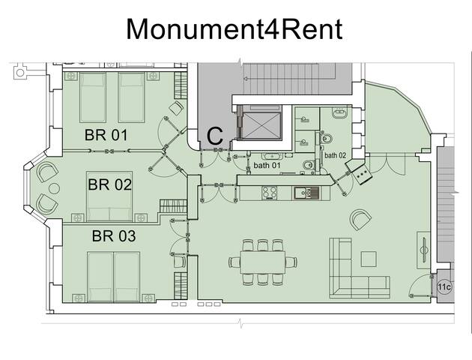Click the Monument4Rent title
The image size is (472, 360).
point(235,29)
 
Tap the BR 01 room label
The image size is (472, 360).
point(106,135)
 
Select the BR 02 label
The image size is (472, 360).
point(110,184)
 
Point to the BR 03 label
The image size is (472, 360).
point(114,236)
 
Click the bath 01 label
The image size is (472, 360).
point(267,165)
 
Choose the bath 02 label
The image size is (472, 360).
point(336,155)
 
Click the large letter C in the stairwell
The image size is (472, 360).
point(215,136)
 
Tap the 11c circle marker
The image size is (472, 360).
point(444,286)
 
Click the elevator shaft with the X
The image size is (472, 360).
point(261,126)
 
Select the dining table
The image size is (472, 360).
point(263,262)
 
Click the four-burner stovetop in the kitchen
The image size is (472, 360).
point(270,193)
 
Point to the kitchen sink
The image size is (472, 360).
point(306,193)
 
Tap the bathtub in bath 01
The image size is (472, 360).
point(272,156)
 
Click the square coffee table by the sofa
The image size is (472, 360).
point(369,259)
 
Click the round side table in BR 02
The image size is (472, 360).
point(54,189)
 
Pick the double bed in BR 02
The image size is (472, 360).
point(109,196)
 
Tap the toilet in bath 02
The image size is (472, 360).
point(327,139)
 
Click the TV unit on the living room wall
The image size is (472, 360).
point(423,250)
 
